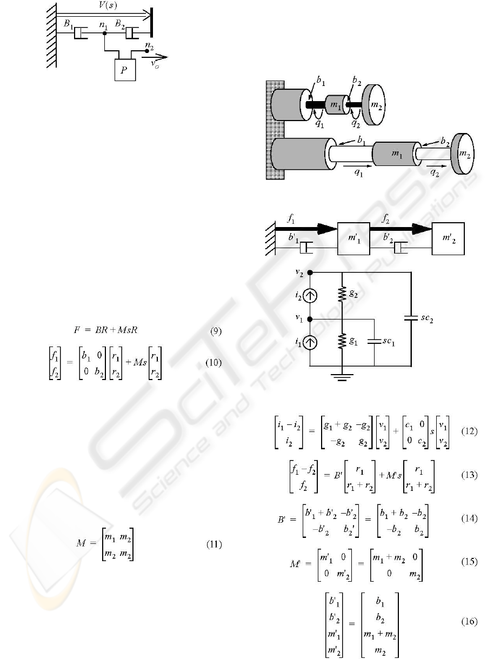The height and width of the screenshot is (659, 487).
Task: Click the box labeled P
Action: point(125,70)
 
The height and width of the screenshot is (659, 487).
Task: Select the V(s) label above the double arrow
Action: point(108,5)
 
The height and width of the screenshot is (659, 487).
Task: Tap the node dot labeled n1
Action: point(105,33)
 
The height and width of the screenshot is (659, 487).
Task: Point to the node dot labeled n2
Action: point(147,51)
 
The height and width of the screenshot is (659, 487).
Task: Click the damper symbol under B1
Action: point(81,33)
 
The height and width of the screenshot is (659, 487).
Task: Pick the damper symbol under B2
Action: point(132,33)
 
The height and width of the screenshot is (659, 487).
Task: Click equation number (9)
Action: point(216,331)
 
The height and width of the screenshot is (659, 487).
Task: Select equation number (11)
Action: point(214,544)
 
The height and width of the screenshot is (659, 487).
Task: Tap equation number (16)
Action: point(469,621)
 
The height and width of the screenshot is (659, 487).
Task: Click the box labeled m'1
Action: point(353,238)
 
